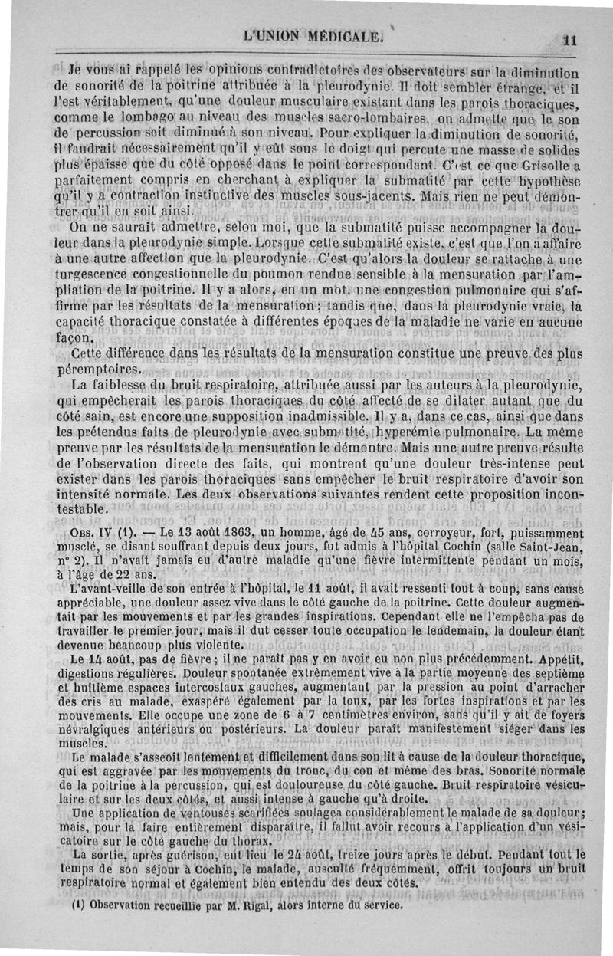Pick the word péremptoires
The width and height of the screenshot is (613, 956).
[x=102, y=369]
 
